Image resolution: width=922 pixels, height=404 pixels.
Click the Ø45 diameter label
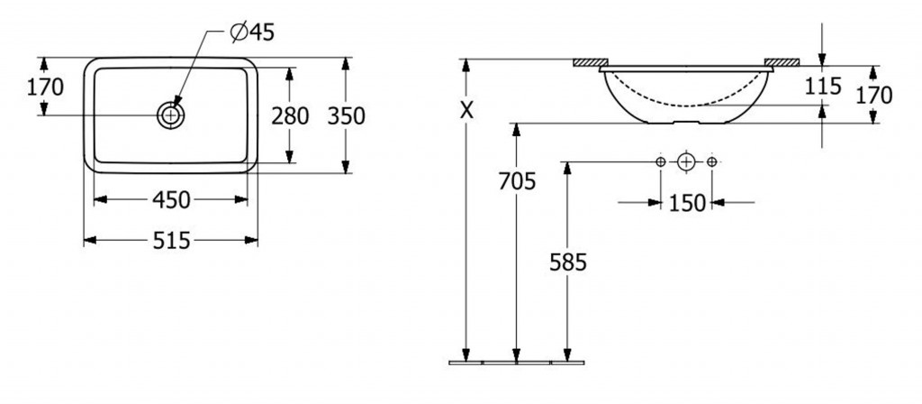[253, 32]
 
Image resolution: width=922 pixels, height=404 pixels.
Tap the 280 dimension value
[290, 116]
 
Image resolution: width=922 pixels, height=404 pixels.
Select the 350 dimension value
[347, 116]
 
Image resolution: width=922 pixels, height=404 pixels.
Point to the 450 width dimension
[171, 200]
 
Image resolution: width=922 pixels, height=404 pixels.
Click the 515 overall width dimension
[171, 240]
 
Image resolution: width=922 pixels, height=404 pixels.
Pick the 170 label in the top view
[45, 87]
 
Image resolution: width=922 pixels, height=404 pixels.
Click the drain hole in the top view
[170, 115]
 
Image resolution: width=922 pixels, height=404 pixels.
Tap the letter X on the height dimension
[466, 110]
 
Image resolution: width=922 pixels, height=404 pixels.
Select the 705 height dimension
[518, 181]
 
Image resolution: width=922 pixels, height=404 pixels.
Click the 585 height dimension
[568, 262]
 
